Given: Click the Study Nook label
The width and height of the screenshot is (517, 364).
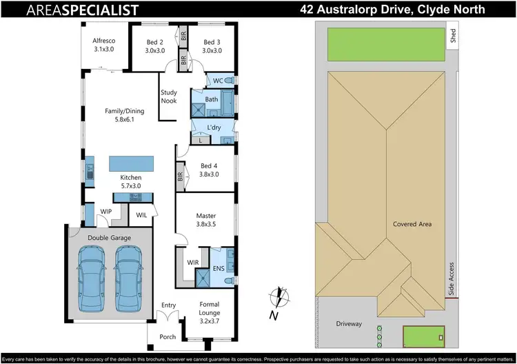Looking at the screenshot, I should (x=169, y=97).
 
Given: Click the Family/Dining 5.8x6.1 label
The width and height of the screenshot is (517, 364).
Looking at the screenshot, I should (x=125, y=114).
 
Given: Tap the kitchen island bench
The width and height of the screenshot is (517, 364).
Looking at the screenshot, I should (x=131, y=165).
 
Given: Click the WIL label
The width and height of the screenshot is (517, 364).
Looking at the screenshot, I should (x=141, y=216).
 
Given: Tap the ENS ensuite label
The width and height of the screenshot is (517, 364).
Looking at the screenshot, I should (x=218, y=269).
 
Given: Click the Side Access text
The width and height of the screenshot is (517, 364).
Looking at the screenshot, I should (x=452, y=279).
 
